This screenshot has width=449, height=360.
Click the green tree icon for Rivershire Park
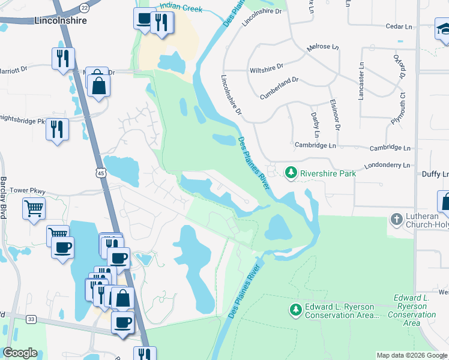click(x=291, y=173)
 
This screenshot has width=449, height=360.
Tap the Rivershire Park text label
click(x=328, y=173)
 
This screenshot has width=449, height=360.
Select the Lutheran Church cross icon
click(x=396, y=220)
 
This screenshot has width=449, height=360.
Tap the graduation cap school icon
click(x=445, y=29)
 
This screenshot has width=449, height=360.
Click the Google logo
click(x=20, y=353)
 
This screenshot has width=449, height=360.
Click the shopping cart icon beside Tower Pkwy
click(x=34, y=209)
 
